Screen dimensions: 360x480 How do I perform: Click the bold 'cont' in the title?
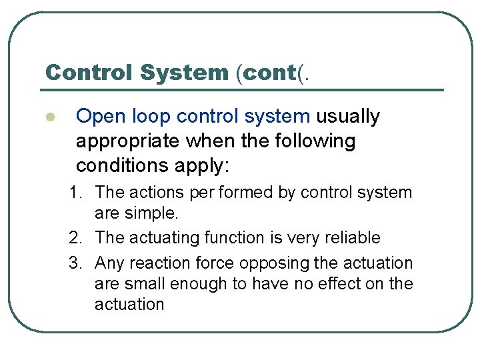tap(270, 72)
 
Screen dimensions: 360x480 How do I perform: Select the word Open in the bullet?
tap(98, 117)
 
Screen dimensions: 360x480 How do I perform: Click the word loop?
tap(151, 117)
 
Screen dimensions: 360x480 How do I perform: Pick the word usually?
tap(347, 117)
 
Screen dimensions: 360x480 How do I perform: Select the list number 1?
tap(76, 193)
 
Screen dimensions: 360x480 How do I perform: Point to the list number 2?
tap(76, 238)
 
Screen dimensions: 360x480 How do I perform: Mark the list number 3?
tap(76, 263)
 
